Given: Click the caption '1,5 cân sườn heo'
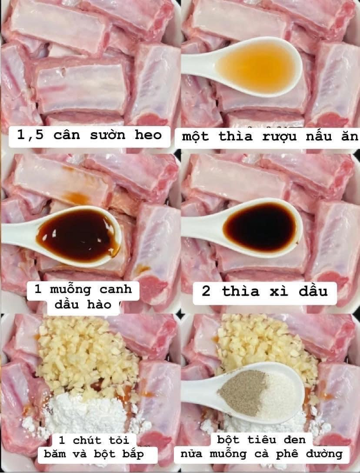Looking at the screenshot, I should pyautogui.click(x=89, y=134).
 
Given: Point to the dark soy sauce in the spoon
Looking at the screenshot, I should pyautogui.click(x=259, y=227).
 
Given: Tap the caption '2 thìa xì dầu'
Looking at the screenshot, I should pyautogui.click(x=265, y=291).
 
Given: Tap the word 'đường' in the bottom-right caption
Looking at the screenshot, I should pyautogui.click(x=320, y=455).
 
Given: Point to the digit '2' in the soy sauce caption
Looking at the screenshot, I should pyautogui.click(x=206, y=291).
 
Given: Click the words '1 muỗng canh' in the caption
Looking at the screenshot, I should pyautogui.click(x=83, y=289).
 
